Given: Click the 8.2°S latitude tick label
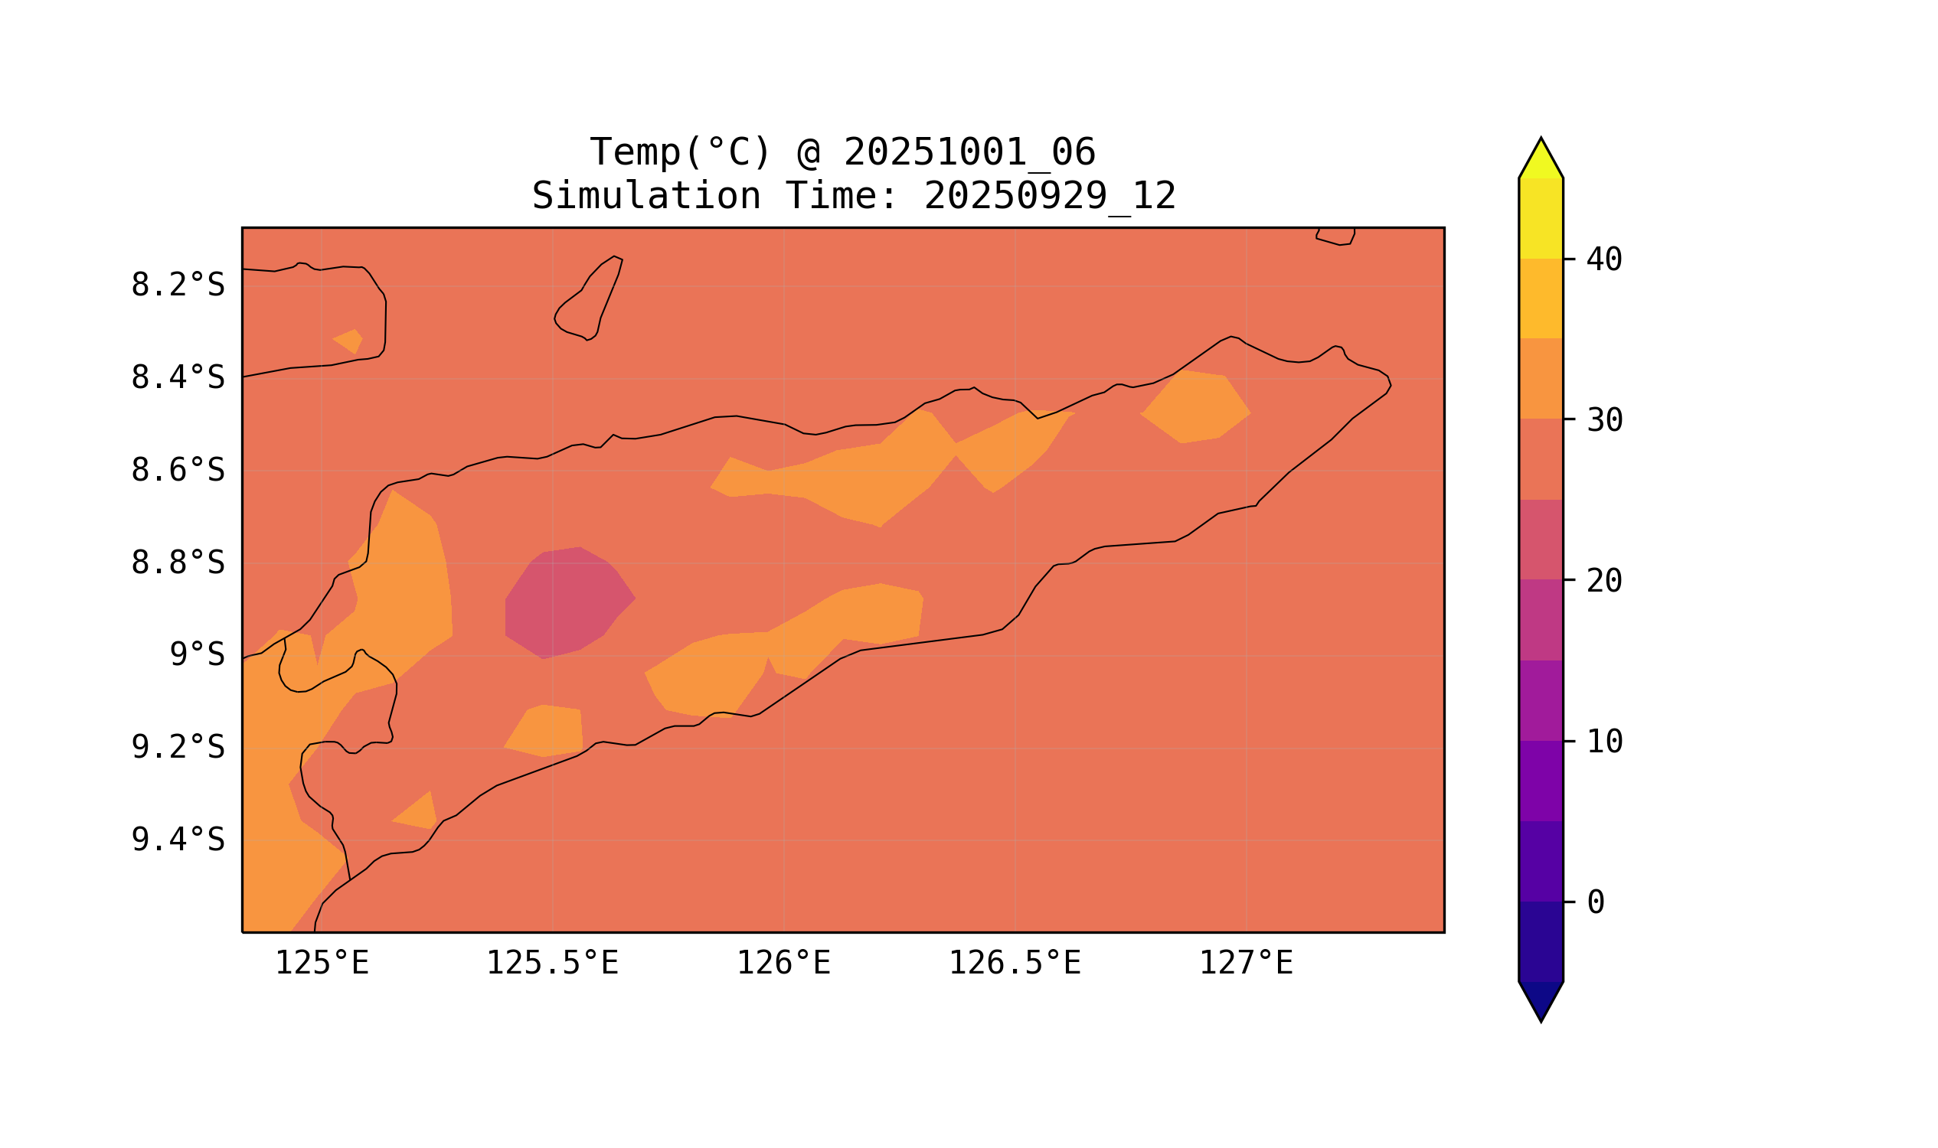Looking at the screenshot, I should (x=178, y=285).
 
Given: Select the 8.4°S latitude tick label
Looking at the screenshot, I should (x=178, y=378).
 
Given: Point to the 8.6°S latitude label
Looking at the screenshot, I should (x=178, y=471).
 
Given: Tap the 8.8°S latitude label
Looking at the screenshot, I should (x=178, y=563).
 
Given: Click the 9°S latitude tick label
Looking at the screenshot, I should (x=198, y=655).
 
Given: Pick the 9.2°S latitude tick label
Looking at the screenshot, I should (x=178, y=748).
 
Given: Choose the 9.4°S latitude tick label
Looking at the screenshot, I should (x=178, y=840).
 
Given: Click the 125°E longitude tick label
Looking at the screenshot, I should (x=322, y=964).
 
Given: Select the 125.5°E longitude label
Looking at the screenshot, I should (x=553, y=964).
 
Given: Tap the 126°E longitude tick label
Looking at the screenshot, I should (x=783, y=964).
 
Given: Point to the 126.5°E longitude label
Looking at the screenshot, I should (x=1015, y=964).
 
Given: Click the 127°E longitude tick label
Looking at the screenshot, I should (x=1246, y=964).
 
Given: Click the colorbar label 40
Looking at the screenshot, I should (x=1604, y=260).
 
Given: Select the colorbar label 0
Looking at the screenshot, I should (x=1596, y=902).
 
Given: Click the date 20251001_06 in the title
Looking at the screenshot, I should (x=969, y=152).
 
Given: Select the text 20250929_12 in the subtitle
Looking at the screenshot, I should (x=1050, y=197).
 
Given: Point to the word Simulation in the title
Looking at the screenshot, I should (x=646, y=197).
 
